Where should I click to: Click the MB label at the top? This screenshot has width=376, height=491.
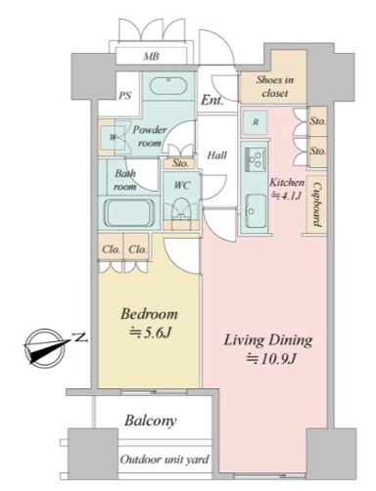coord(152,57)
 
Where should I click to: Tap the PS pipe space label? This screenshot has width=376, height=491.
coord(124,96)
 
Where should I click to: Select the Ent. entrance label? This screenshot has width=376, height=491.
coord(212,100)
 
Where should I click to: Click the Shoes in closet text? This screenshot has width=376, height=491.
coord(274,86)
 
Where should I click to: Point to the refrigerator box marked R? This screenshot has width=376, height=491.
coord(255,122)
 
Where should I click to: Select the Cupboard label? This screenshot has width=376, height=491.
coord(316,204)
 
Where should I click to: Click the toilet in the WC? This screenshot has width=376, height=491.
coord(181,209)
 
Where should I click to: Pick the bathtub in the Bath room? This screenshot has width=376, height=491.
coord(129,213)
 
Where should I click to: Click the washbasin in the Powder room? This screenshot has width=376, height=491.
coord(168,86)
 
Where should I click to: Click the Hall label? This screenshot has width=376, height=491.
coord(217,155)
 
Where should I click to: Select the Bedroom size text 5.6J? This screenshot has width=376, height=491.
coord(150,333)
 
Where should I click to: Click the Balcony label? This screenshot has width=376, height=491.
coord(151,421)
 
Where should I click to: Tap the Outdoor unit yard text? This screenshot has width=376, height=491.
coord(164,460)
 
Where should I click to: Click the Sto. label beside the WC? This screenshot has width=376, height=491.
coord(180,163)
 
